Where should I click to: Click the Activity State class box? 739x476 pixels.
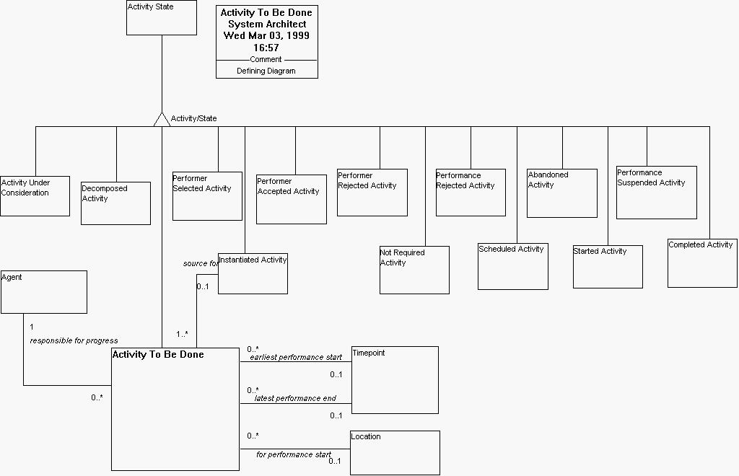pos(162,18)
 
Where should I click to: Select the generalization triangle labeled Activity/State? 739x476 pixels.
pos(162,119)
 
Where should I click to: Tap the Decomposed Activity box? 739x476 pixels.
pos(115,203)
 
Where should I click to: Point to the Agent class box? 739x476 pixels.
pos(44,291)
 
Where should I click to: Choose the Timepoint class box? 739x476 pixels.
pos(395,379)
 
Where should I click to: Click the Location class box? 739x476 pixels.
pos(395,452)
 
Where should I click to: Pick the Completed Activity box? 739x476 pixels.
pos(702,263)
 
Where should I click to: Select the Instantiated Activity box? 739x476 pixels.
pos(253,273)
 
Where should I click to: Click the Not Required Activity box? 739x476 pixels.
pos(414,270)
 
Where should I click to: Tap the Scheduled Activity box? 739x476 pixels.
pos(512,266)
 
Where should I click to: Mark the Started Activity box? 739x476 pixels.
pos(608,267)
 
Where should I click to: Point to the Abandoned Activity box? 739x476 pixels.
pos(561,193)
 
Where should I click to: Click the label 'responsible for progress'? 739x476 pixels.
pos(74,340)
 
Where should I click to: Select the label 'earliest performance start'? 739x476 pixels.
pos(296,357)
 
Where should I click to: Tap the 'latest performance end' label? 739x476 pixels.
pos(295,398)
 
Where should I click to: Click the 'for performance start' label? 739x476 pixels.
pos(294,455)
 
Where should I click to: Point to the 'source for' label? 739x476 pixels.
pos(201,263)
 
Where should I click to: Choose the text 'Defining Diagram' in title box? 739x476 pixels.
pos(266,71)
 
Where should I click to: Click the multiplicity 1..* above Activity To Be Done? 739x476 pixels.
pos(182,334)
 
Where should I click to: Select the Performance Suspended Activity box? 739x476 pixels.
pos(656,193)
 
